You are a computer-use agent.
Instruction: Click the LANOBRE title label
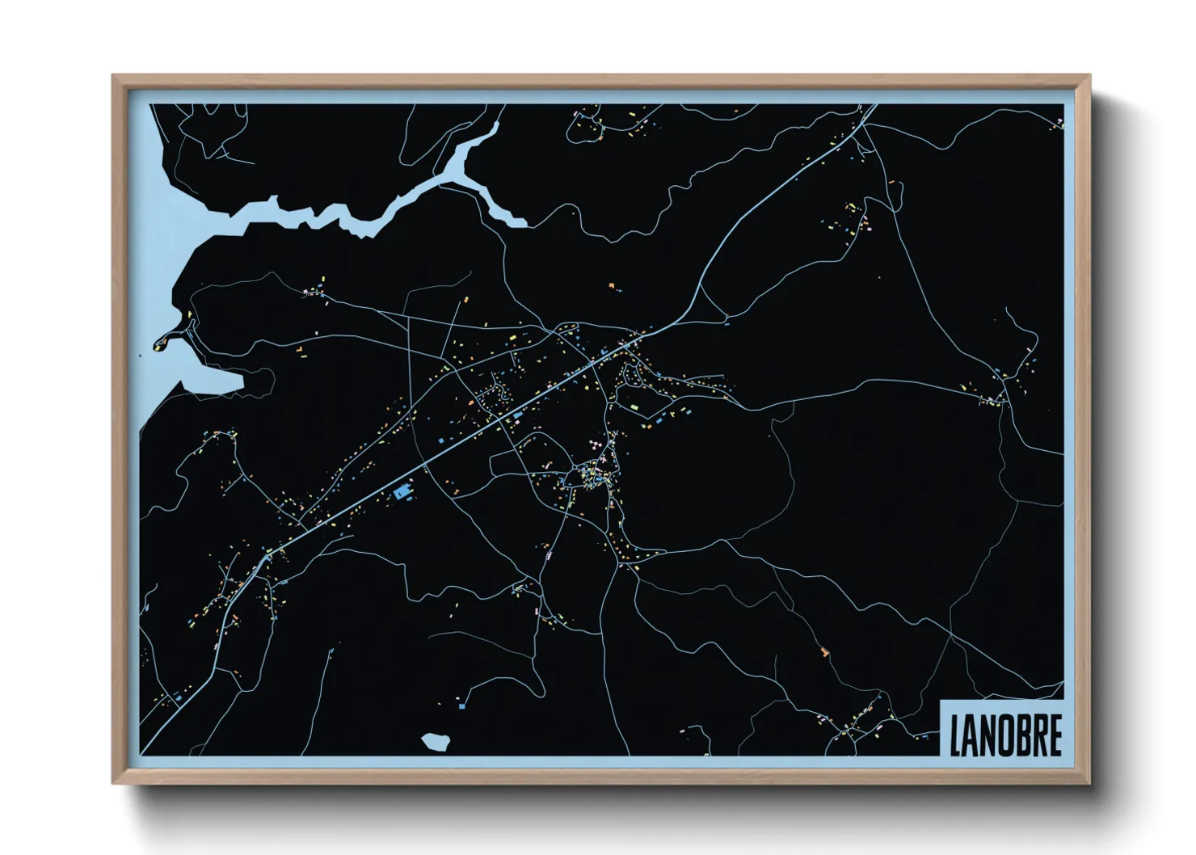click(1004, 733)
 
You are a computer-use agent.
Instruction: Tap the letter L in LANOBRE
click(954, 734)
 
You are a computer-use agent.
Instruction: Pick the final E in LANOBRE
click(1054, 734)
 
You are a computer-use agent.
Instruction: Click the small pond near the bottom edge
click(436, 742)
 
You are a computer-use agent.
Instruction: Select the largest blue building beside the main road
click(401, 491)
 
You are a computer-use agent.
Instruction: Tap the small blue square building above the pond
click(461, 705)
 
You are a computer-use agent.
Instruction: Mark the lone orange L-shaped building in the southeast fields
click(825, 651)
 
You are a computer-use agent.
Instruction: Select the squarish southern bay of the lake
click(212, 380)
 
